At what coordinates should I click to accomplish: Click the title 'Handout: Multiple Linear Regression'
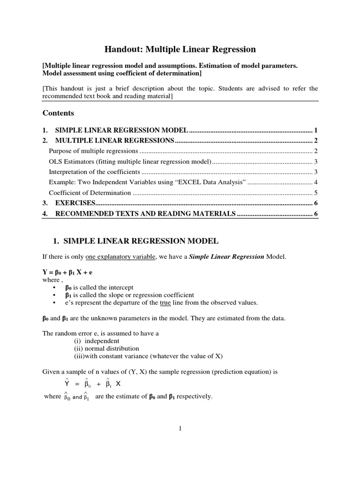180,49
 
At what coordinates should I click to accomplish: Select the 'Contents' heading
58,113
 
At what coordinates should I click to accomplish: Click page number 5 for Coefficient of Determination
316,193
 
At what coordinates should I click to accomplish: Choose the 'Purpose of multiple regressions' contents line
94,151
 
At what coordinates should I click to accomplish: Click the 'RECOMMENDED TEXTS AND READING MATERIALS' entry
145,214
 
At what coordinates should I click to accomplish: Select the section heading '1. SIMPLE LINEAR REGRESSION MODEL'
136,241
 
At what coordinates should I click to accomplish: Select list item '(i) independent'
97,341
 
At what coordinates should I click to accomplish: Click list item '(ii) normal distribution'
106,348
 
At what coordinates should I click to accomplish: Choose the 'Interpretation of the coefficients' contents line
96,172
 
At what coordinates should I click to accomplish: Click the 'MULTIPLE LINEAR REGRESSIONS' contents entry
115,141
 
